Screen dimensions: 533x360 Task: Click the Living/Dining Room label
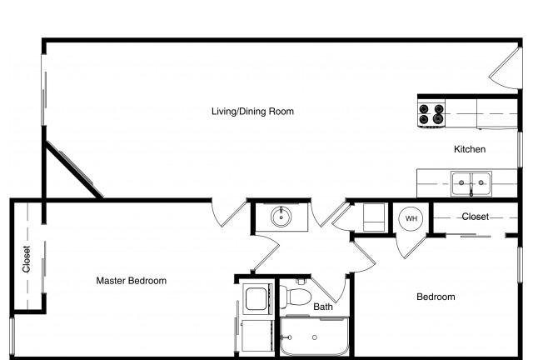(252, 112)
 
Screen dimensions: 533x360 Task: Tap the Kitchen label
(470, 149)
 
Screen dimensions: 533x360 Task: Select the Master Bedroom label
(132, 281)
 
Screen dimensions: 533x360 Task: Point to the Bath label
(323, 307)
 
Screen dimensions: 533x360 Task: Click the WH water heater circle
(411, 218)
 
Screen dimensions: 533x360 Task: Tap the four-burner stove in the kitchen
(431, 113)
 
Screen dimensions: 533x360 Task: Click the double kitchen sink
(471, 183)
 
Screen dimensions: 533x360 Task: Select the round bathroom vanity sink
(281, 217)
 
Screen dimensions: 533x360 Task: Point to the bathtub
(315, 337)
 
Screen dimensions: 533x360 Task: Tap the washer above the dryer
(257, 299)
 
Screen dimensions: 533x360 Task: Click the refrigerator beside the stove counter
(497, 114)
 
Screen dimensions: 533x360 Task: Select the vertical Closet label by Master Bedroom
(27, 259)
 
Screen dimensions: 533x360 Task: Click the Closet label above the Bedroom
(476, 217)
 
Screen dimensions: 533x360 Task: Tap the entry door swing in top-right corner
(506, 68)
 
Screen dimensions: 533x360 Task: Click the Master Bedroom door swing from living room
(228, 213)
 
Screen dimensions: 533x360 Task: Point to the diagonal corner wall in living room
(74, 169)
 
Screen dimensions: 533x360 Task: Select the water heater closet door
(411, 246)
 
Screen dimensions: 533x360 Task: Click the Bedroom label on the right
(436, 297)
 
